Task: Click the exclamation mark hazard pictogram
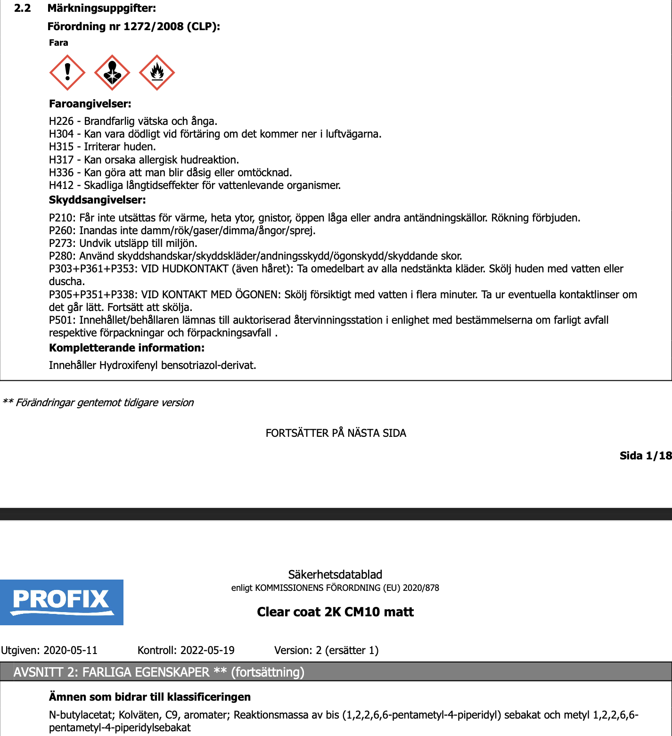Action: [x=67, y=72]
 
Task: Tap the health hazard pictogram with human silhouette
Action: [x=112, y=72]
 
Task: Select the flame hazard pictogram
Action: [x=157, y=72]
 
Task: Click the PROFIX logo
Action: [x=61, y=602]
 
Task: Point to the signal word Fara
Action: [x=58, y=43]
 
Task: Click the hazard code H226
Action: [x=61, y=122]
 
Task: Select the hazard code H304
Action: [x=61, y=134]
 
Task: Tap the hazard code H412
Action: [x=61, y=186]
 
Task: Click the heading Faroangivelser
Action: [x=90, y=104]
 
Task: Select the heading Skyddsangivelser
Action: [x=97, y=200]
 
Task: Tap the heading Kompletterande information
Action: [x=126, y=348]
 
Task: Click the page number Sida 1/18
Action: [x=645, y=456]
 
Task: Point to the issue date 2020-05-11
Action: [x=70, y=651]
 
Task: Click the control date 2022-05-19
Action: [x=207, y=651]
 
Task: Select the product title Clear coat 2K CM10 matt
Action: [x=335, y=612]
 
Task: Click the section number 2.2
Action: [x=23, y=8]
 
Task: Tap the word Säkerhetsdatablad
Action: [x=335, y=575]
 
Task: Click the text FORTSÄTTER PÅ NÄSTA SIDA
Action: [x=336, y=433]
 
